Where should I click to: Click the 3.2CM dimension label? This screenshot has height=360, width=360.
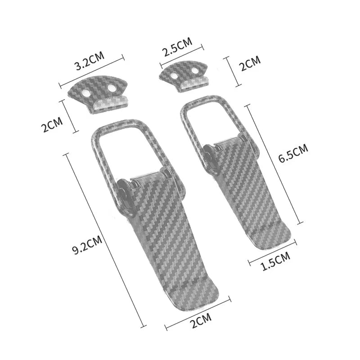point(90,61)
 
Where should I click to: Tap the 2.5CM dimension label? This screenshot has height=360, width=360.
point(178,47)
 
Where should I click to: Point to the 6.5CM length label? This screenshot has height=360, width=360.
point(293,153)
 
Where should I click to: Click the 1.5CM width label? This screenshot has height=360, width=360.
point(275,261)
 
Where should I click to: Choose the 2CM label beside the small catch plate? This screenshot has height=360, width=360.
point(250,63)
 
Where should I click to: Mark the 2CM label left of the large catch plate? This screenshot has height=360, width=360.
point(52,125)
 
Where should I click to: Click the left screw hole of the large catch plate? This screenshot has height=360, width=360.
point(87,93)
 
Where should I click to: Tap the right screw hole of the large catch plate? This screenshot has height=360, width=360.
point(112,87)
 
